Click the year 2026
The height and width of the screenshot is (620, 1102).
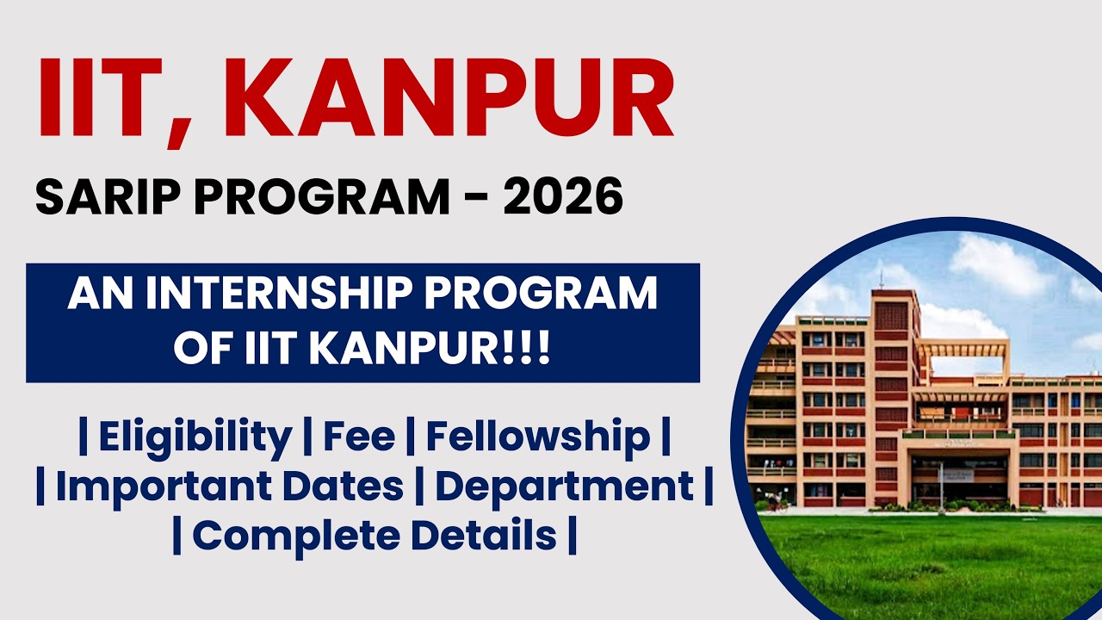click(563, 197)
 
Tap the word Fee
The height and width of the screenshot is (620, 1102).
click(359, 437)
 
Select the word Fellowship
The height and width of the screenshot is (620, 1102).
click(538, 437)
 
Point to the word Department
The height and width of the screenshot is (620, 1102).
click(564, 487)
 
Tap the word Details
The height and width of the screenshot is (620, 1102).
click(482, 536)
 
